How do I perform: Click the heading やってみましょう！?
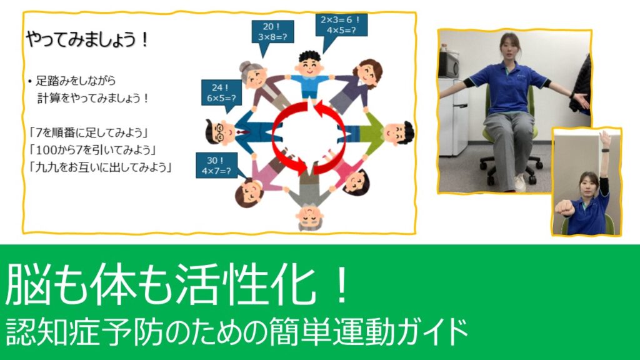click(87, 39)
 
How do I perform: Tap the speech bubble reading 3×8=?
click(272, 32)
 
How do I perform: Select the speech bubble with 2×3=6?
click(341, 25)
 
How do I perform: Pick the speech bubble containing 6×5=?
click(221, 92)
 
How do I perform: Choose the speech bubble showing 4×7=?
click(216, 165)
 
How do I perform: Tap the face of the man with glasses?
click(221, 132)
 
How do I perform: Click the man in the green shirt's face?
click(397, 133)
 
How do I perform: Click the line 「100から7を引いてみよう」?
click(92, 150)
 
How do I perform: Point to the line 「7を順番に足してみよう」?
click(88, 132)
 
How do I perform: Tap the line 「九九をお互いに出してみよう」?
click(101, 167)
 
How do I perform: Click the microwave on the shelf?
click(449, 65)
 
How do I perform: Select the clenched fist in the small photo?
click(564, 208)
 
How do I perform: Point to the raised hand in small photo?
click(604, 139)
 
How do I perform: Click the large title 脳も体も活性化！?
click(176, 282)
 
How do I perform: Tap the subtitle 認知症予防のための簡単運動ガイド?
click(237, 332)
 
